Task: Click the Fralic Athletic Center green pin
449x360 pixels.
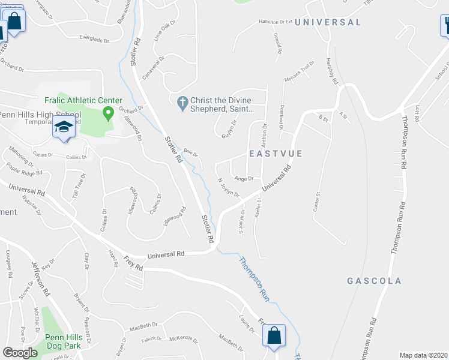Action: click(109, 112)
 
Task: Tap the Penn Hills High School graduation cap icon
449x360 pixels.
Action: click(64, 127)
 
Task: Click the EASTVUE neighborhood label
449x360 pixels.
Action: click(276, 154)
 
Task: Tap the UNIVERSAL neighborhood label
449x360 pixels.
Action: click(328, 22)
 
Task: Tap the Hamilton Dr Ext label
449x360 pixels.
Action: click(275, 22)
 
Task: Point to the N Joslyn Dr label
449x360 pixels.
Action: click(229, 188)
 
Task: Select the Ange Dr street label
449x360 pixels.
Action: click(244, 178)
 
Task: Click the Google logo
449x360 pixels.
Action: click(20, 353)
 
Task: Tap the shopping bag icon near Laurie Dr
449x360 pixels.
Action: click(274, 336)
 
